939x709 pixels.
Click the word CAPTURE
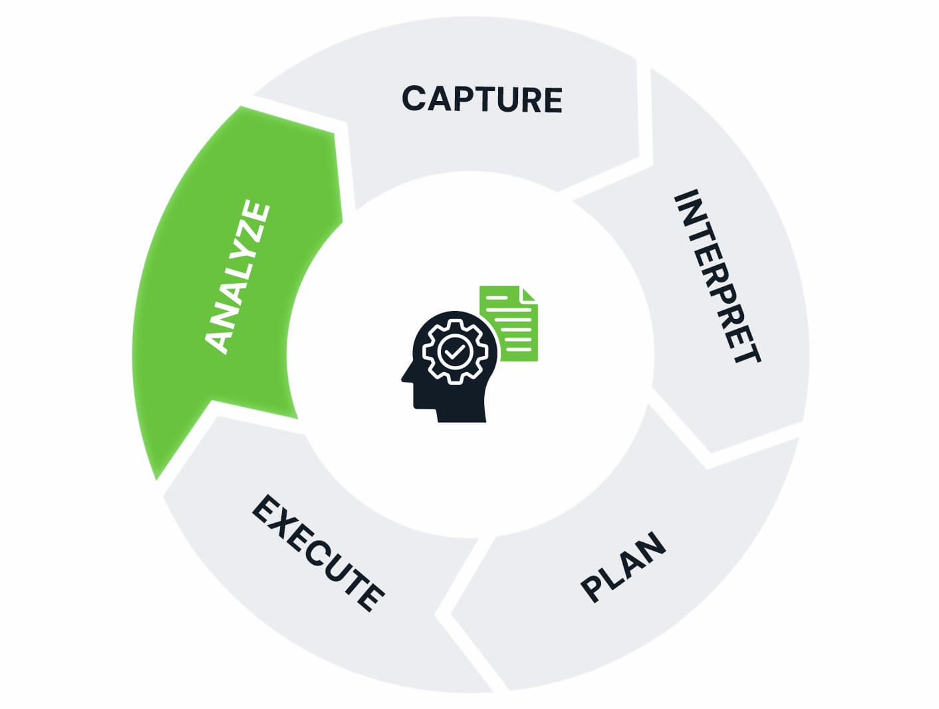481,100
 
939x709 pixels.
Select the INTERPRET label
717,275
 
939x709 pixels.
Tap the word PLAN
623,567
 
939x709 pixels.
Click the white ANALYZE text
237,276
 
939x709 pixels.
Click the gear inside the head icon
455,350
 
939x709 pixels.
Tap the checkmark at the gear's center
455,350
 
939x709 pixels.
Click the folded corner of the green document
529,294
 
